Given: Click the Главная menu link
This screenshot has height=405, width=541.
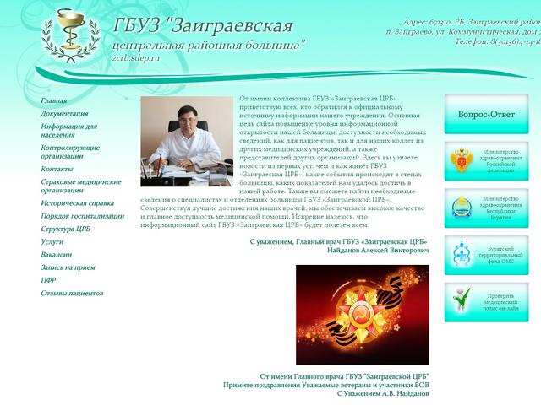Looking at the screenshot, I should tap(53, 101).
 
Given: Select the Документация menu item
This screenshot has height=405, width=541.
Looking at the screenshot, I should tap(64, 114).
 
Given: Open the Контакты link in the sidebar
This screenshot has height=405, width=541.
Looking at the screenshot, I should tap(57, 169).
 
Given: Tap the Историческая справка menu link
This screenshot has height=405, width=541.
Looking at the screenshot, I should tap(77, 203).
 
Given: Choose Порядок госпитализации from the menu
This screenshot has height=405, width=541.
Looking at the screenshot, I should tap(82, 216).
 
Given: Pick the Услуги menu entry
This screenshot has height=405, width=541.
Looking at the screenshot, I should tap(52, 241).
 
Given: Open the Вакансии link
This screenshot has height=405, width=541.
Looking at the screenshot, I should tap(56, 254).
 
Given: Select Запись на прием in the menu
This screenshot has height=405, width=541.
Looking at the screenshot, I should tap(68, 267).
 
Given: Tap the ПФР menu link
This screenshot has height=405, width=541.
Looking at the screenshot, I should tap(48, 280).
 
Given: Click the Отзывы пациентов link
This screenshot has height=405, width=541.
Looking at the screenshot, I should tap(72, 293).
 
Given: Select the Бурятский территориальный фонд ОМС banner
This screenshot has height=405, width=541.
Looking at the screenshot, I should tap(481, 254).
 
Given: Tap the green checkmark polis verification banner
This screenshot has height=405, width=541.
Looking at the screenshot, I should tap(481, 300).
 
